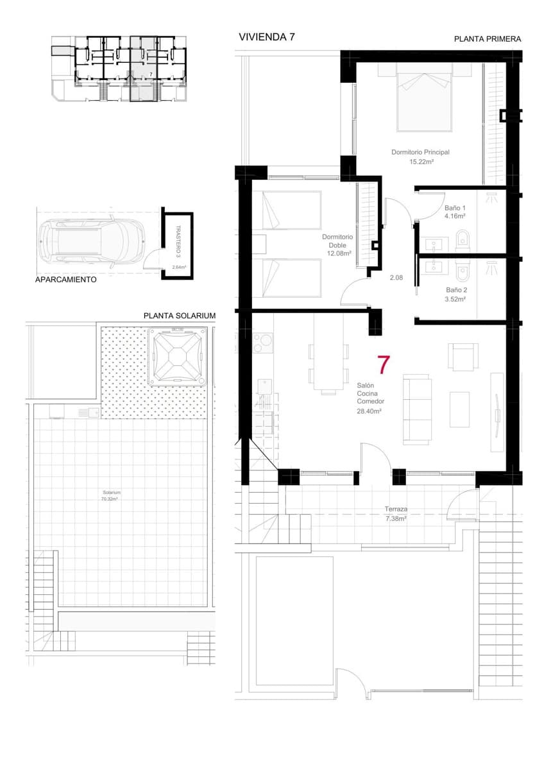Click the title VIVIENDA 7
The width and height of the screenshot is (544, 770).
point(266,37)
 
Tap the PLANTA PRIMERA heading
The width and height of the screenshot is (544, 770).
point(487,39)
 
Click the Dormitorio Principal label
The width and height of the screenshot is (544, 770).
point(420,153)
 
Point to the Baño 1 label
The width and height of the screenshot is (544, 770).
point(455,209)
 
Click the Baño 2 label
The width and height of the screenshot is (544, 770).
point(456,290)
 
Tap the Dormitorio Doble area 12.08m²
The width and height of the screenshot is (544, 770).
point(337,253)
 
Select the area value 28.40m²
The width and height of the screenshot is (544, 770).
point(370,411)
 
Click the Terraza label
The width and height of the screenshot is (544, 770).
point(396,509)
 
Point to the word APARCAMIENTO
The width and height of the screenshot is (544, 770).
point(67,280)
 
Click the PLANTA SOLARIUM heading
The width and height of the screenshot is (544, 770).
point(179,316)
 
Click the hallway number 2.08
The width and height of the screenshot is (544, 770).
point(396,277)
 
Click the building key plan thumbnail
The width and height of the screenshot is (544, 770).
point(119,67)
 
